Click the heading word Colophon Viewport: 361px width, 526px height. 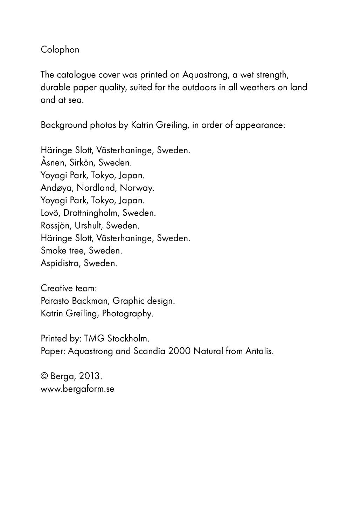pos(60,50)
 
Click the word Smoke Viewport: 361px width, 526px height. pos(53,251)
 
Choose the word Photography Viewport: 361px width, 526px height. pos(127,313)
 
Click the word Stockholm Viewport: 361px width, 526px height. pos(129,339)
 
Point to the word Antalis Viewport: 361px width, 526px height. pos(259,351)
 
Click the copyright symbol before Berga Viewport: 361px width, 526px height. pos(44,376)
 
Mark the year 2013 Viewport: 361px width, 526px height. pos(90,376)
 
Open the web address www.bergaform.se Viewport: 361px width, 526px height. pos(77,389)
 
